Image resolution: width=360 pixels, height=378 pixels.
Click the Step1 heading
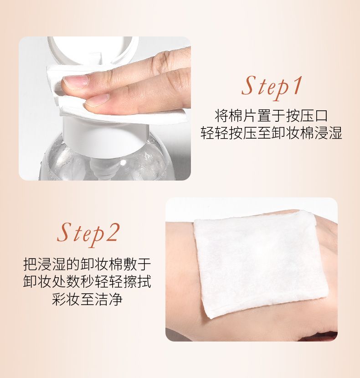click(x=271, y=87)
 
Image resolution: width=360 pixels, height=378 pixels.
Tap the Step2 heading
click(x=88, y=234)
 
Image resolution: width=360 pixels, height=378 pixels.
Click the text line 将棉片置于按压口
click(x=271, y=116)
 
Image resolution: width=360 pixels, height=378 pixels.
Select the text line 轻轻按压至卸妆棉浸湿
click(x=271, y=133)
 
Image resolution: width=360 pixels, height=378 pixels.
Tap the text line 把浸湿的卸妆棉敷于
click(x=87, y=264)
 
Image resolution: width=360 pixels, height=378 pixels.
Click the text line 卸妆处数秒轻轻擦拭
click(x=87, y=281)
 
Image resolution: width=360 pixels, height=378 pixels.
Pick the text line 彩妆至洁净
click(x=87, y=299)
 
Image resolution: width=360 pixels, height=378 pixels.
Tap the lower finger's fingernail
click(x=97, y=100)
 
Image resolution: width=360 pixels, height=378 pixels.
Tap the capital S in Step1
click(x=249, y=86)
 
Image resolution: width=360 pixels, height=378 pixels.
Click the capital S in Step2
click(x=65, y=233)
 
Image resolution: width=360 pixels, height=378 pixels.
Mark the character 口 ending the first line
click(x=321, y=116)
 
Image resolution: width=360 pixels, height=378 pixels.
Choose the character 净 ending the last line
click(x=116, y=299)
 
